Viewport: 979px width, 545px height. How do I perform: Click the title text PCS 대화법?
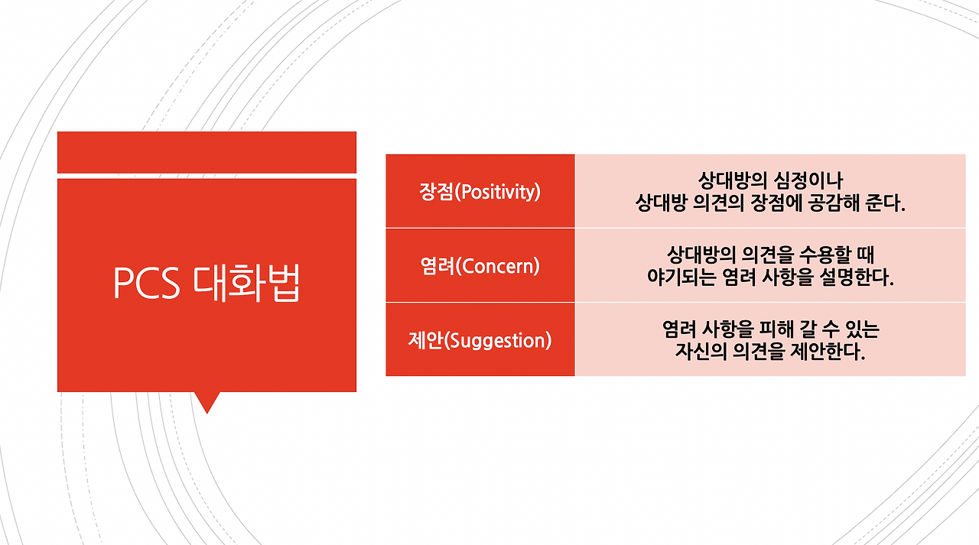[207, 284]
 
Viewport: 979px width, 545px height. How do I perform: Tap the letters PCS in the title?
[147, 284]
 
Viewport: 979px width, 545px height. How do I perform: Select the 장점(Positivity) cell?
[480, 191]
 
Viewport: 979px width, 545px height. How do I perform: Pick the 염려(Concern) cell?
[480, 266]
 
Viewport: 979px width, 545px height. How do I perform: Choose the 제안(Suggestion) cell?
[480, 340]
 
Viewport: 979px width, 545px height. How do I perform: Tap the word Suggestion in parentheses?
[498, 341]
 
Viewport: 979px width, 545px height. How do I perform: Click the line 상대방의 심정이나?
[769, 180]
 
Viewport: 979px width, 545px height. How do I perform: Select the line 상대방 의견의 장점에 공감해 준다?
[769, 203]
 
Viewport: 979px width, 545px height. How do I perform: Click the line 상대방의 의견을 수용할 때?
[769, 255]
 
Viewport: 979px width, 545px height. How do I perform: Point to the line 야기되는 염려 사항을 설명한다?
[769, 277]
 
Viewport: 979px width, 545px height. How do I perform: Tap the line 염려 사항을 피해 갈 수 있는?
[769, 329]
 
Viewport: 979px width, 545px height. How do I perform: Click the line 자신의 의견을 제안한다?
[769, 352]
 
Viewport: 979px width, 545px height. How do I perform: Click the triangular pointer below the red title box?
[207, 401]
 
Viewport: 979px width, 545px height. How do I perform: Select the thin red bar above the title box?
[207, 152]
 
